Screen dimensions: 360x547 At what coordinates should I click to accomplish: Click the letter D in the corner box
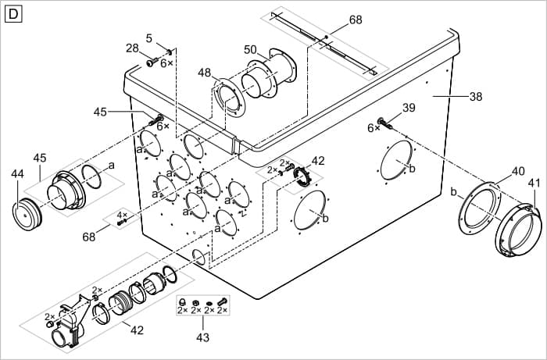13,13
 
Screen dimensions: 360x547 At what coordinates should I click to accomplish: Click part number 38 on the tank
476,97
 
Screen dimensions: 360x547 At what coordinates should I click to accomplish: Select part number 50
250,50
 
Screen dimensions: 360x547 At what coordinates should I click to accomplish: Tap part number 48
204,73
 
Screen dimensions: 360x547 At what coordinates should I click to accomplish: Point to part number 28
132,48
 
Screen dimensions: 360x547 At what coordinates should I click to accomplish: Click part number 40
518,170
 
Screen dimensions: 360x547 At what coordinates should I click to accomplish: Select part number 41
534,184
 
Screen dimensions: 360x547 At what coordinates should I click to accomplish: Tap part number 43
202,337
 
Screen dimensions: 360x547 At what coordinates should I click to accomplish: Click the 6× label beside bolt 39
374,128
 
